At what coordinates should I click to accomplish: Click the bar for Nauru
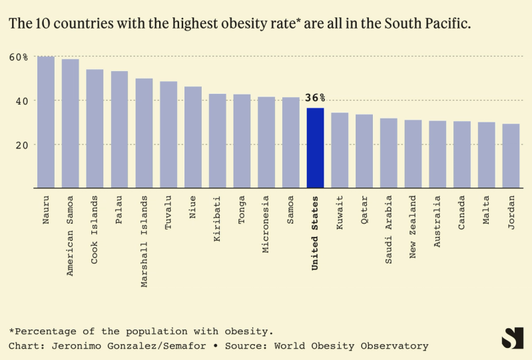[x=45, y=122]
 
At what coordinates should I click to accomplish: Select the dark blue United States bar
[x=315, y=148]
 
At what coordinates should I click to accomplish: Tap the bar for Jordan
[x=511, y=156]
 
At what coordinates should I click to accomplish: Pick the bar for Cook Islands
[x=95, y=128]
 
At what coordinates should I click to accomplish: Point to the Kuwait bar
[x=340, y=150]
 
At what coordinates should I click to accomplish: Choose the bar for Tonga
[x=242, y=141]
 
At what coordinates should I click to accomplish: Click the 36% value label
[x=315, y=98]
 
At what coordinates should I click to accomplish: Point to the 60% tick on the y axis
[x=19, y=57]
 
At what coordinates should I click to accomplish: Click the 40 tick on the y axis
[x=21, y=100]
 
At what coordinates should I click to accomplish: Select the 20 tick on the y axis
[x=21, y=144]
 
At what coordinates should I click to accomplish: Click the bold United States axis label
[x=315, y=232]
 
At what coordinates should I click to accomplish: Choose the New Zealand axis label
[x=413, y=227]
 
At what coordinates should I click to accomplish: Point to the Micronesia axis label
[x=266, y=225]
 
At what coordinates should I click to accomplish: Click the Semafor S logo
[x=511, y=338]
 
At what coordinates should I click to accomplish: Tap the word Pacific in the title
[x=444, y=23]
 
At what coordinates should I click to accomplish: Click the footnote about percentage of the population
[x=141, y=331]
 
